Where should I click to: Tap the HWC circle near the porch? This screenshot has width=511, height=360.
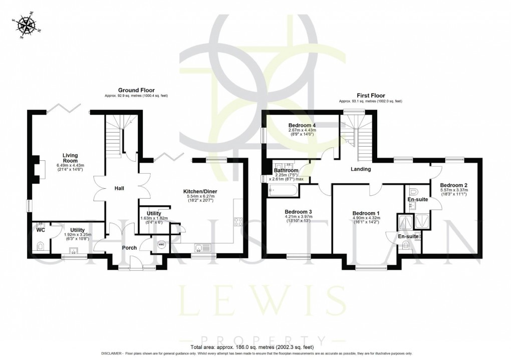pos(161,244)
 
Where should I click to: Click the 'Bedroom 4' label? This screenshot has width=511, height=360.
pos(302,125)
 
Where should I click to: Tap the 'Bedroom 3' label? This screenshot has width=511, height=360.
pos(296,211)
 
